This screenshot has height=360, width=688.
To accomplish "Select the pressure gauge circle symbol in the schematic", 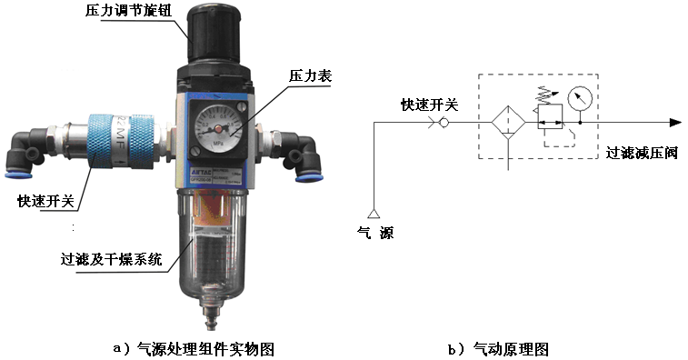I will [x=578, y=96].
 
